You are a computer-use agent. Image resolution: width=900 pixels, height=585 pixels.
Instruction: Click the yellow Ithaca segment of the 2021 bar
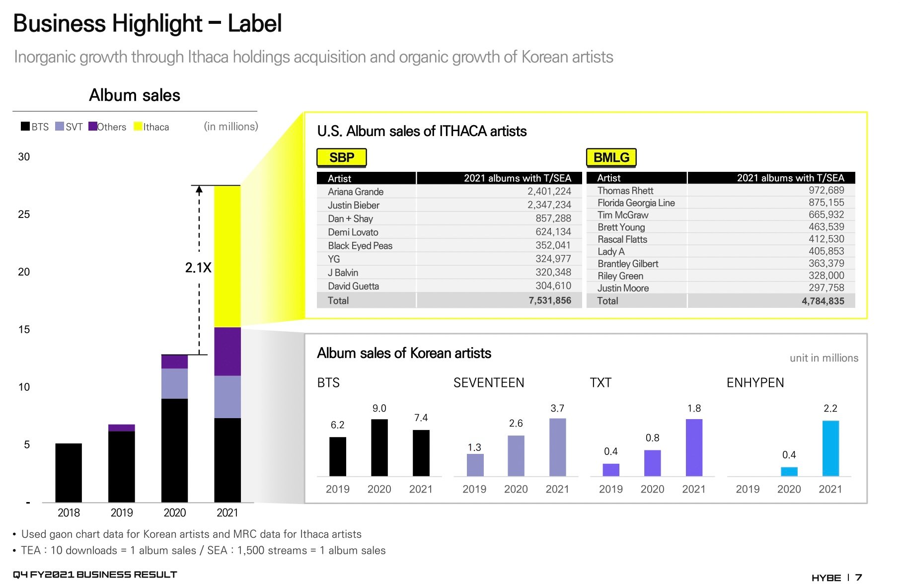227,256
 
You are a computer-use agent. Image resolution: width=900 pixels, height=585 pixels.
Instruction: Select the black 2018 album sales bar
69,472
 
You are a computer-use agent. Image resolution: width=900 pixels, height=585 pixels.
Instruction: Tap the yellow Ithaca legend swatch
138,127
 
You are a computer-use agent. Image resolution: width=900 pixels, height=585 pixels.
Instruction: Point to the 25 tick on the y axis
24,215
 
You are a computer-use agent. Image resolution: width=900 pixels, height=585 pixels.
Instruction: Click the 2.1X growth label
198,268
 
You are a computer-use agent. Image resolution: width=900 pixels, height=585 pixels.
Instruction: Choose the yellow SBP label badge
342,157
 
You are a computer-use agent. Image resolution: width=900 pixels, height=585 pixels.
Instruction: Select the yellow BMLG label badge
611,157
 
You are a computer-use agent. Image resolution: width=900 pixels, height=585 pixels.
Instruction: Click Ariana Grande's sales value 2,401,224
549,192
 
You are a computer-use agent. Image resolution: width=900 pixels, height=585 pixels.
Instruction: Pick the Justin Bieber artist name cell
354,205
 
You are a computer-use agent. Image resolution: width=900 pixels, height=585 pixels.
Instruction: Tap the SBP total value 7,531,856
549,300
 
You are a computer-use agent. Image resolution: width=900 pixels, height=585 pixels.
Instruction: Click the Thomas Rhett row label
625,191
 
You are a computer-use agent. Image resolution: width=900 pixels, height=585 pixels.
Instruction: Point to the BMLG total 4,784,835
823,301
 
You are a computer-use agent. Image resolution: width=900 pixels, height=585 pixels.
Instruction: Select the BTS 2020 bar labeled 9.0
379,447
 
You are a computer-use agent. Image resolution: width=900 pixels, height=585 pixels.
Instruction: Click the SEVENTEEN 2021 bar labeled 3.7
557,447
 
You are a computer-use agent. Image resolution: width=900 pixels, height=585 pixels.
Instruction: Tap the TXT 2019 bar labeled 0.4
611,470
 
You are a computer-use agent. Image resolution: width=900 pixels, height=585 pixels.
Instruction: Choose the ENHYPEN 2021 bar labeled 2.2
830,448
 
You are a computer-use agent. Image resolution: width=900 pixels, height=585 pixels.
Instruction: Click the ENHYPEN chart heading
755,383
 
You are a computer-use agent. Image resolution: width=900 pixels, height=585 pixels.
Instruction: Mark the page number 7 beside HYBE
859,578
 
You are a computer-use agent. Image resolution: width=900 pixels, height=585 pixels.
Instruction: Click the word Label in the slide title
255,23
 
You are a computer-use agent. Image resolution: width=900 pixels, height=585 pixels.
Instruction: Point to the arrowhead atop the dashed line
199,189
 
